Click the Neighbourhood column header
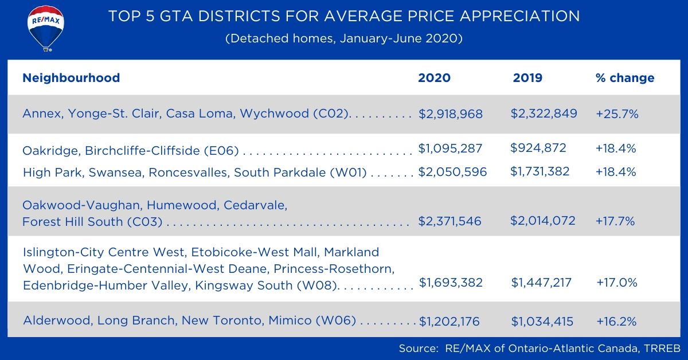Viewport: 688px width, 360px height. click(x=71, y=78)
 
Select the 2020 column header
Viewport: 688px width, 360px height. click(x=434, y=78)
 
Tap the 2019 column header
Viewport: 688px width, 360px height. click(x=527, y=78)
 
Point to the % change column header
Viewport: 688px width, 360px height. click(x=625, y=78)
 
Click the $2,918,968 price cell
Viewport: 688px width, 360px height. click(x=451, y=114)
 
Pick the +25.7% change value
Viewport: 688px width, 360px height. click(x=617, y=114)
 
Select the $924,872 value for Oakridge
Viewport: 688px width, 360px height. click(x=538, y=148)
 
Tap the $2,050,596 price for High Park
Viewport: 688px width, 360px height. click(x=452, y=171)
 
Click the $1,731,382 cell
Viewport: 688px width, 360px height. click(x=541, y=171)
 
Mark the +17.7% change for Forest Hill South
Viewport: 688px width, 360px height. click(x=615, y=221)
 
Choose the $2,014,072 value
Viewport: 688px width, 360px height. click(x=543, y=221)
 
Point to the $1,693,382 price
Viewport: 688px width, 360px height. click(x=451, y=283)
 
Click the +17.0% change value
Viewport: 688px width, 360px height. click(x=617, y=283)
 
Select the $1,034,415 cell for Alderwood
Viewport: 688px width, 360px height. click(x=542, y=322)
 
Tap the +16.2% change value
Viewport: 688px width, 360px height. click(x=616, y=322)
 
